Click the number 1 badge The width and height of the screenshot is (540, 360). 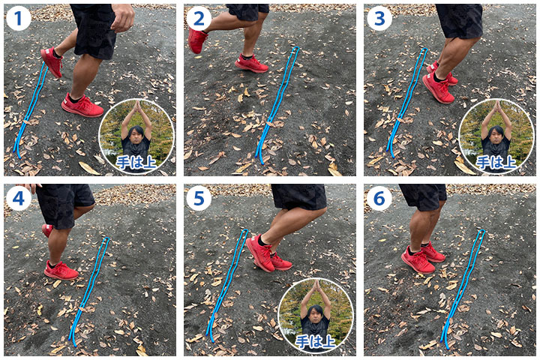pyautogui.click(x=18, y=19)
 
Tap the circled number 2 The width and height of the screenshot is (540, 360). pyautogui.click(x=199, y=19)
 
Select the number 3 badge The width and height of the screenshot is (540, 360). pyautogui.click(x=379, y=19)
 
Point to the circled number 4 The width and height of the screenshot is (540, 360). pyautogui.click(x=18, y=199)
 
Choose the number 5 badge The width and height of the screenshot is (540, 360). pyautogui.click(x=199, y=199)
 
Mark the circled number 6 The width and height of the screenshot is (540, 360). pyautogui.click(x=379, y=199)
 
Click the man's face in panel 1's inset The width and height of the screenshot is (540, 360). pyautogui.click(x=136, y=135)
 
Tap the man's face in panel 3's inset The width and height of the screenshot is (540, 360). pyautogui.click(x=496, y=135)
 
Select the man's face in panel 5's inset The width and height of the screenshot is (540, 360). pyautogui.click(x=316, y=314)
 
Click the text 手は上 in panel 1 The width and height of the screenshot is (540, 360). pyautogui.click(x=136, y=162)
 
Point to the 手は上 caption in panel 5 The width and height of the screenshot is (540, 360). pyautogui.click(x=316, y=341)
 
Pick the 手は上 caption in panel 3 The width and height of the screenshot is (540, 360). pyautogui.click(x=496, y=162)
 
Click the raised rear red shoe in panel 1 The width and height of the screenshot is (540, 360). pyautogui.click(x=52, y=62)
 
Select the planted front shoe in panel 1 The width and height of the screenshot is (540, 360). pyautogui.click(x=82, y=105)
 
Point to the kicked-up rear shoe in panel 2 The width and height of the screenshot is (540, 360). pyautogui.click(x=197, y=40)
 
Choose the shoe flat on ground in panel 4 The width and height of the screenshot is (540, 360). pyautogui.click(x=61, y=270)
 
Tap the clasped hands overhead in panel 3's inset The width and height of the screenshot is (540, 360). pyautogui.click(x=496, y=107)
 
